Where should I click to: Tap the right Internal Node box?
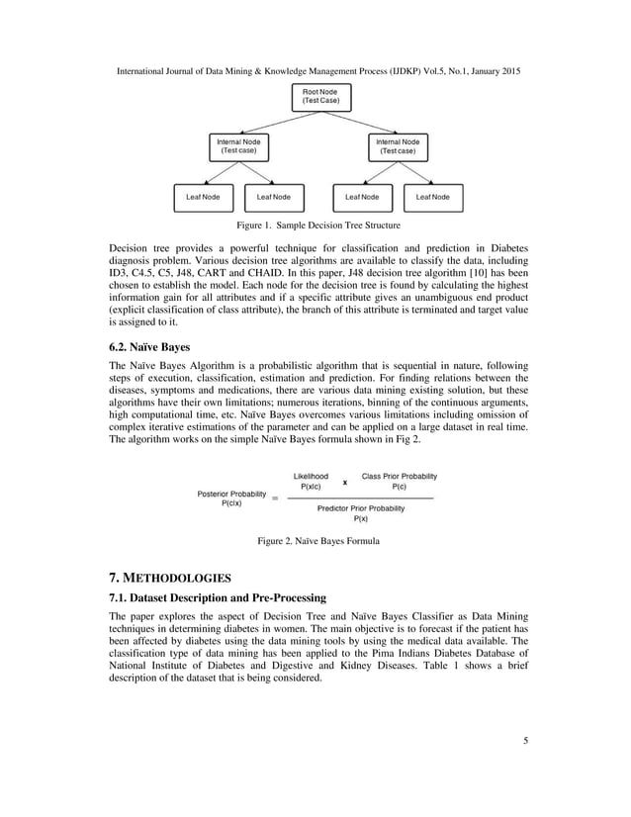(x=397, y=146)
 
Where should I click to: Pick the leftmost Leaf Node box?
(x=203, y=197)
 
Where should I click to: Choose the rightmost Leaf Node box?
(x=432, y=197)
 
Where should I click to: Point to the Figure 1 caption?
(x=316, y=226)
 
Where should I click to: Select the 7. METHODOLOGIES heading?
(x=169, y=576)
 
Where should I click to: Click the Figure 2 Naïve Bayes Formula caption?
(x=317, y=541)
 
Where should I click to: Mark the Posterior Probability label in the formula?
(x=231, y=498)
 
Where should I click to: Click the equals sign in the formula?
(x=275, y=499)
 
